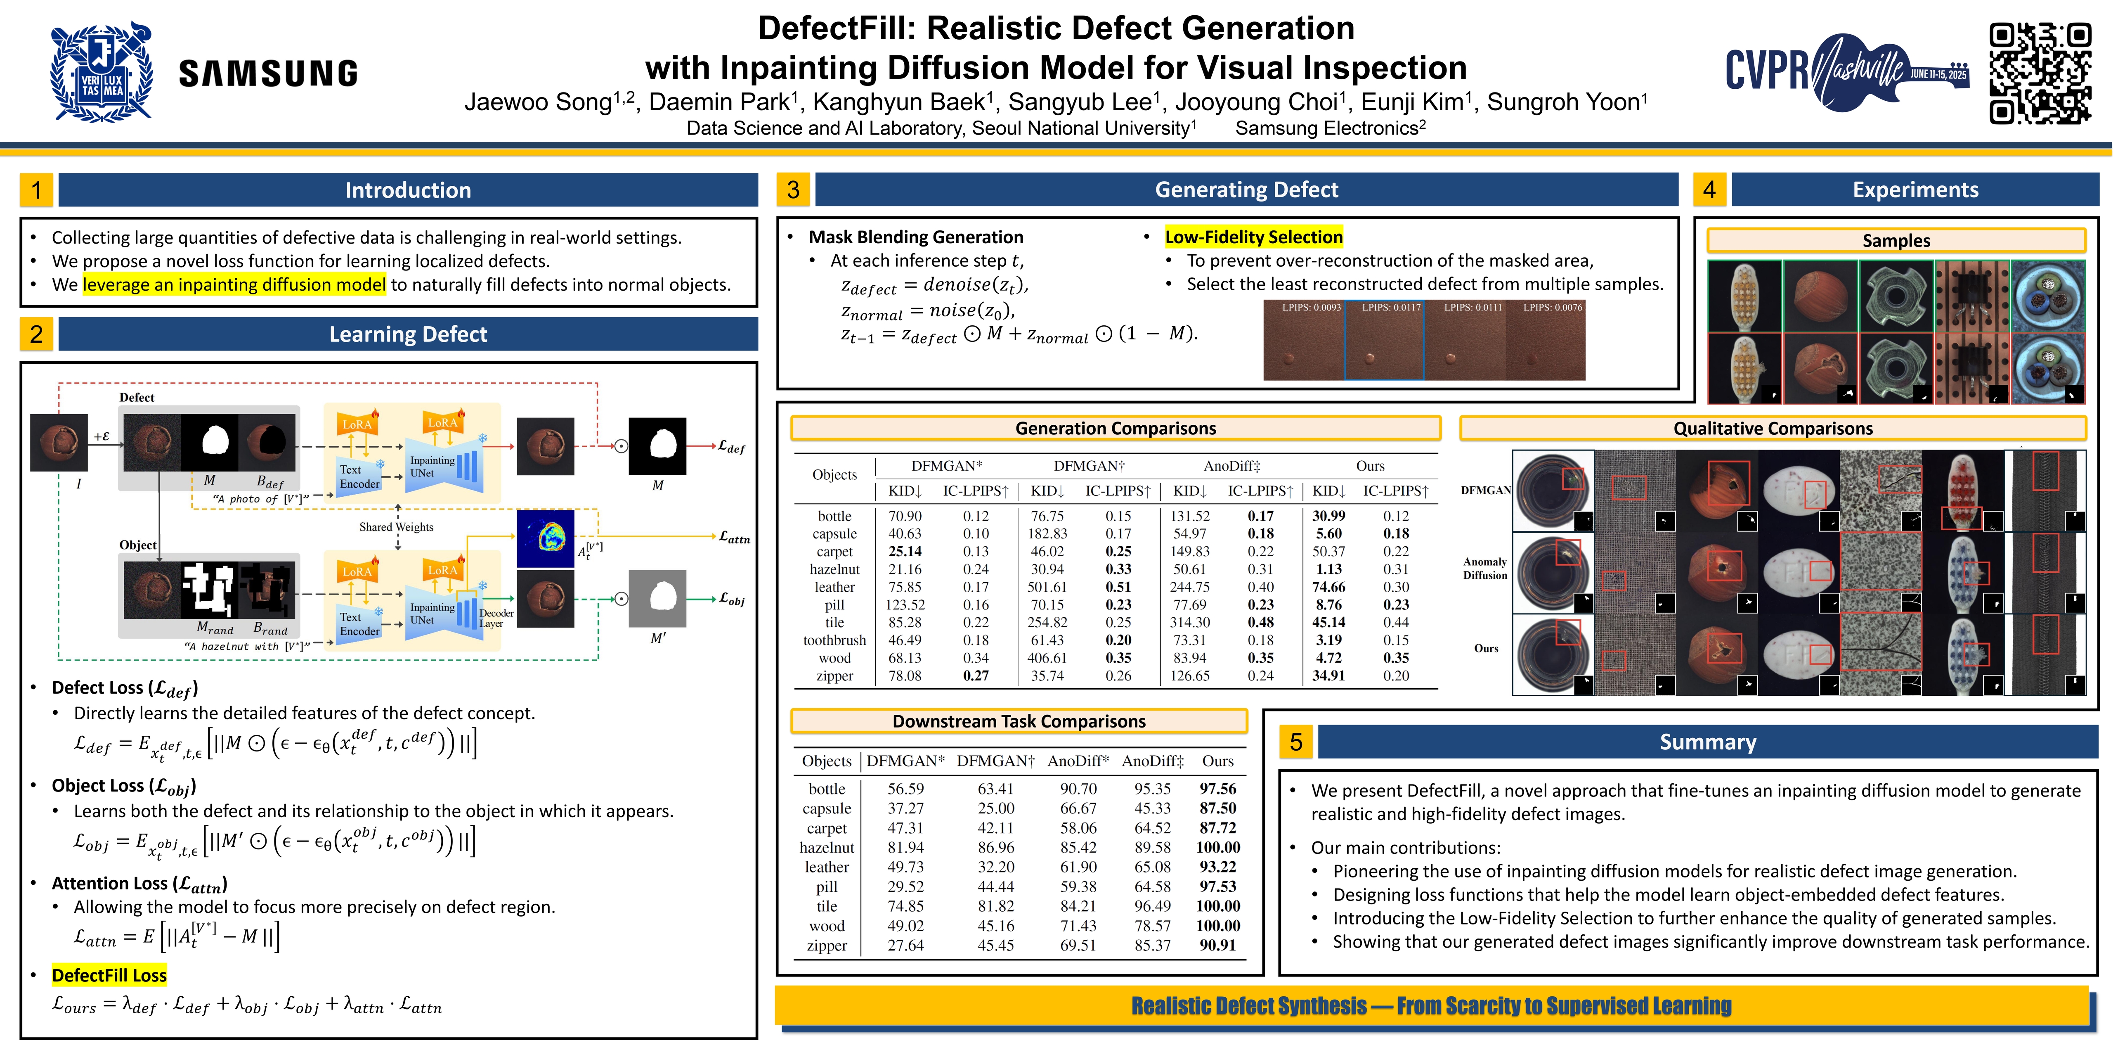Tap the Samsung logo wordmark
(268, 74)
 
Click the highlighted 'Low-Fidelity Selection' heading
(1253, 237)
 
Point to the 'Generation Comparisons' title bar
(1116, 429)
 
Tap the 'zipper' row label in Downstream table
(827, 946)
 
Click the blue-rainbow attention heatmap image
(546, 538)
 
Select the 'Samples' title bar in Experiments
(1896, 240)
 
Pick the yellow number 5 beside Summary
(1296, 742)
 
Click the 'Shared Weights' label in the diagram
(396, 527)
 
